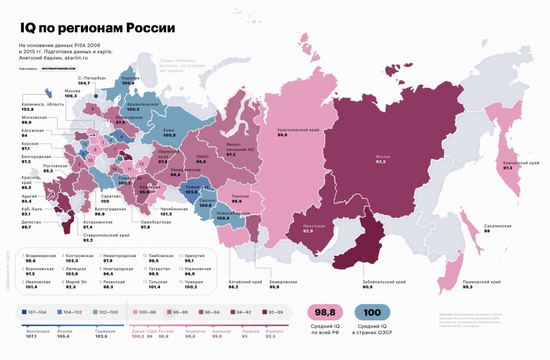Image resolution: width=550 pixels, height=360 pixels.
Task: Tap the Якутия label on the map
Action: (384, 156)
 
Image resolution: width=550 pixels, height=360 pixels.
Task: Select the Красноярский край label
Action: (298, 131)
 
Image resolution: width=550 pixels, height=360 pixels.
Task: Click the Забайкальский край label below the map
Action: (384, 282)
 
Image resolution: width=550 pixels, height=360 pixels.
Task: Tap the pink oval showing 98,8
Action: (325, 312)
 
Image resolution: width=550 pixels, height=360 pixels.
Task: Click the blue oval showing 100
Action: (372, 312)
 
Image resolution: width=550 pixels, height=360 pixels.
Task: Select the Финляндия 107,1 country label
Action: (34, 334)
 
